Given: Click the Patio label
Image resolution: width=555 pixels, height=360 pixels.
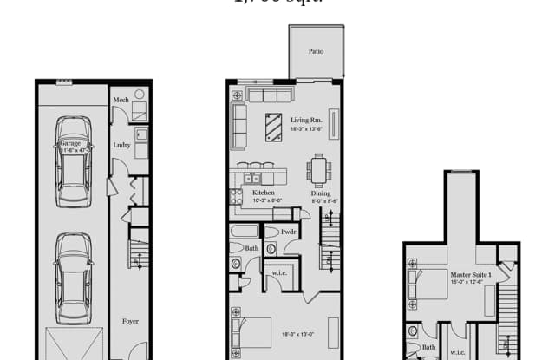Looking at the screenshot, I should (316, 51).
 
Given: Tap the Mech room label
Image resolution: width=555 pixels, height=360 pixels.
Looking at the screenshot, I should (121, 101).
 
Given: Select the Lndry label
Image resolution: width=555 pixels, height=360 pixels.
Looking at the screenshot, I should (121, 145).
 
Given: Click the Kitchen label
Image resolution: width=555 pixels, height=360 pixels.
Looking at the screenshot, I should (263, 193).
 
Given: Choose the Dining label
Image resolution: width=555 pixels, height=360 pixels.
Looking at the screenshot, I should (321, 193).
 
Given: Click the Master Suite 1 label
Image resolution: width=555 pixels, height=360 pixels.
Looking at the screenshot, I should (471, 274).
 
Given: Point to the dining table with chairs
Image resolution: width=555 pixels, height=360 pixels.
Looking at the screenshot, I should (319, 168).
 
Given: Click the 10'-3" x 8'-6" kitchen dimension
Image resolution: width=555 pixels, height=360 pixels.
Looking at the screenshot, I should (264, 200).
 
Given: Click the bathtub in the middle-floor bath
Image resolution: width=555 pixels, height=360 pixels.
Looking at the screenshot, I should (245, 231).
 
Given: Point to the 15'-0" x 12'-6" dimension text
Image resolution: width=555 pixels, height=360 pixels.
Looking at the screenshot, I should (470, 283).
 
